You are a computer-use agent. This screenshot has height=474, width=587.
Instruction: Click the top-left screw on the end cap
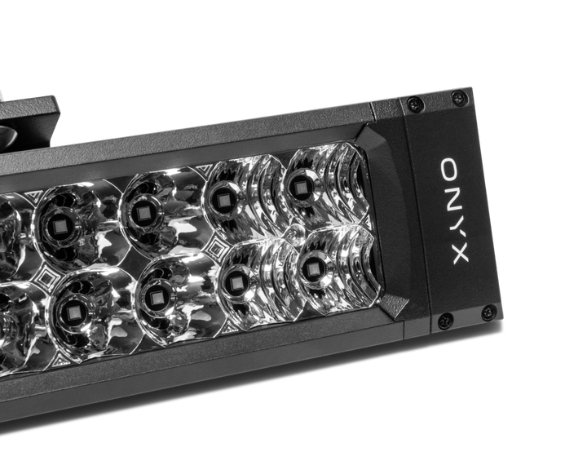[x=415, y=104]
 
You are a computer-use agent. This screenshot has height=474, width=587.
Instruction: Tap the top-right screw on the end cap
[x=459, y=98]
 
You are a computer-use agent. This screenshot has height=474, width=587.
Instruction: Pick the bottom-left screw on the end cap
[x=445, y=321]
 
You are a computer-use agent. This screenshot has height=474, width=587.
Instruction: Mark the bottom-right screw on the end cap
[x=488, y=312]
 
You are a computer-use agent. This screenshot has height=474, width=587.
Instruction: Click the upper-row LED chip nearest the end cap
[x=299, y=188]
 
